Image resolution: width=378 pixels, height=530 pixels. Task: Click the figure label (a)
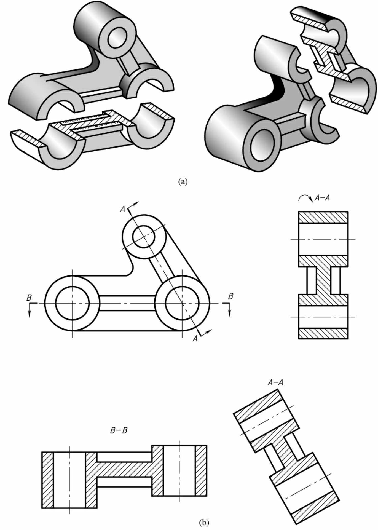[183, 182]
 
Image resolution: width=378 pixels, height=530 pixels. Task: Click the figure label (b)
[204, 522]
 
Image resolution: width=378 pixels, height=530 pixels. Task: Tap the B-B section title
[119, 430]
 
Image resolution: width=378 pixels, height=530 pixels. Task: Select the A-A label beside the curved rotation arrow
[322, 198]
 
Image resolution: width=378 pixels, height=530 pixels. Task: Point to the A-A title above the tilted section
[275, 382]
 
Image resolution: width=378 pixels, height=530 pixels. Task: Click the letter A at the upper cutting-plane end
[123, 209]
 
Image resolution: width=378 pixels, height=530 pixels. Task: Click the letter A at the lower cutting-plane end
[195, 339]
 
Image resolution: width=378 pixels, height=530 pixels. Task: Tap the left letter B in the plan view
[29, 298]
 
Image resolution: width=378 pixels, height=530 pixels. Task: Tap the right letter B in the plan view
[231, 296]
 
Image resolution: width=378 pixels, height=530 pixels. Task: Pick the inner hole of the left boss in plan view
[72, 303]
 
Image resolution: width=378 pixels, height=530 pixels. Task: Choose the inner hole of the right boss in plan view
[182, 303]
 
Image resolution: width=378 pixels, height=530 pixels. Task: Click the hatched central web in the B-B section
[124, 469]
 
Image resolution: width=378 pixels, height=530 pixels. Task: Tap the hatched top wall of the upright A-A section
[323, 217]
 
